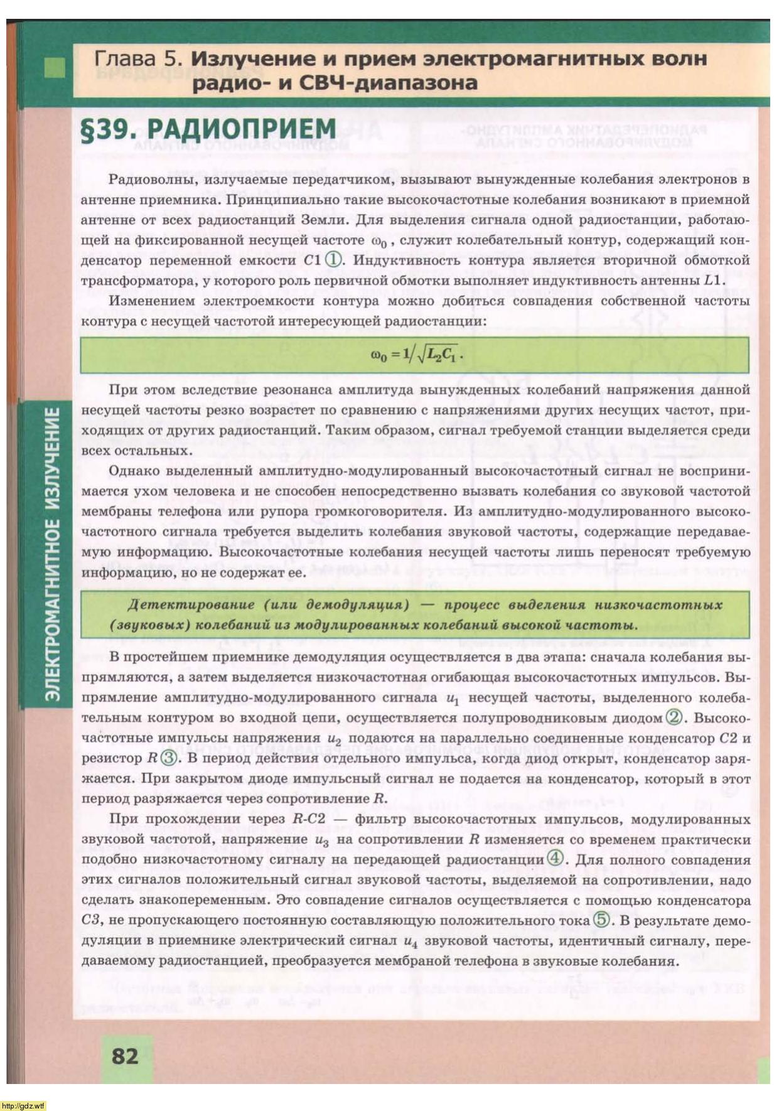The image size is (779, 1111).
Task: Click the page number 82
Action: click(125, 1056)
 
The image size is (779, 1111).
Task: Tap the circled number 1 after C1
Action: click(335, 259)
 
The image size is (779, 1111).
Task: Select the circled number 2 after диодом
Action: click(674, 717)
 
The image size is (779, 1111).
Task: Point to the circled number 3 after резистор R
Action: click(169, 758)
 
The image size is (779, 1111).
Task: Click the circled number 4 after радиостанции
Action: click(555, 859)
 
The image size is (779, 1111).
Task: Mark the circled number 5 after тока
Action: click(601, 920)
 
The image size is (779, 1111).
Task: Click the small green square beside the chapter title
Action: click(55, 67)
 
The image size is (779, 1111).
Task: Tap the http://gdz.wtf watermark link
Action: click(23, 1106)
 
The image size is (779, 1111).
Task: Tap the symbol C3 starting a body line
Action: click(91, 920)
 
